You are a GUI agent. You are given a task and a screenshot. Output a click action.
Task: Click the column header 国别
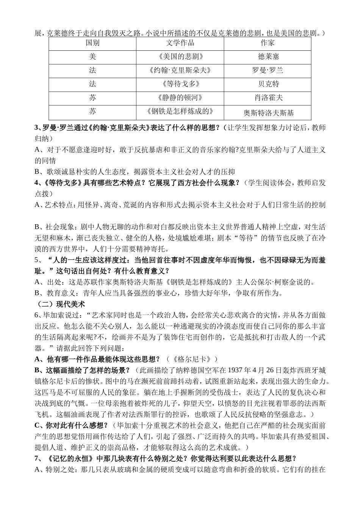[x=92, y=43]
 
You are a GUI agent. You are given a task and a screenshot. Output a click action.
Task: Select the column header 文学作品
[x=180, y=43]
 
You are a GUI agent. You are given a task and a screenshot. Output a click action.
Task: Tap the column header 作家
[x=268, y=43]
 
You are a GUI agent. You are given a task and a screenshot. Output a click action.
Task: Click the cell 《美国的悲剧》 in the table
[x=180, y=56]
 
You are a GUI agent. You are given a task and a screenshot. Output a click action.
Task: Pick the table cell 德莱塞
[x=268, y=56]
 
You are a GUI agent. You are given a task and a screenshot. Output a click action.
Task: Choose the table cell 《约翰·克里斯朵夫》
[x=180, y=70]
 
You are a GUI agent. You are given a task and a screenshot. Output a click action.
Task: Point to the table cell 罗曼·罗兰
[x=268, y=70]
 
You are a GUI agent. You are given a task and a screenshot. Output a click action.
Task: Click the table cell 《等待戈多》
[x=180, y=84]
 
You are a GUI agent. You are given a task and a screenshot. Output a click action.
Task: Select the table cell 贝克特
[x=268, y=84]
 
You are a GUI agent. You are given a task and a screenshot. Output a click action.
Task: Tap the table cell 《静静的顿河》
[x=180, y=97]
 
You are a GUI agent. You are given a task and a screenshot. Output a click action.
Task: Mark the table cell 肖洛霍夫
[x=268, y=97]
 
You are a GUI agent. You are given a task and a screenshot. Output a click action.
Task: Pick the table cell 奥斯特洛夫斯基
[x=268, y=112]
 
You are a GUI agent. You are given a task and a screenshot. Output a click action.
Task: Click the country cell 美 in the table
[x=92, y=56]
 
